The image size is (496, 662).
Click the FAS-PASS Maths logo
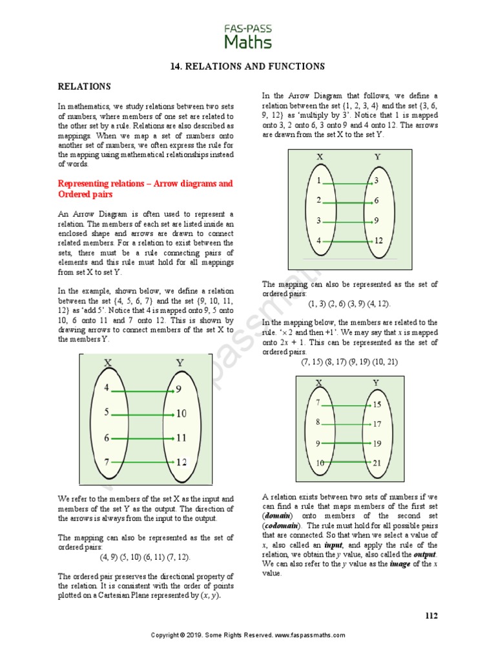pos(248,36)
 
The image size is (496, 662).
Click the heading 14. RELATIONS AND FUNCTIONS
pos(247,66)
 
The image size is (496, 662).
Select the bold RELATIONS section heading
pos(85,86)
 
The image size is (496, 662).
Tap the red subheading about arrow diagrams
pos(145,189)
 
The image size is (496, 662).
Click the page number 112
pos(431,615)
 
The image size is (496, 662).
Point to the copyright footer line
pos(248,635)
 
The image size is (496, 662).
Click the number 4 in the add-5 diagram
pos(107,389)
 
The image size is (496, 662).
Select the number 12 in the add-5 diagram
pos(181,462)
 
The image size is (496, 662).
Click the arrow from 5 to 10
pos(142,413)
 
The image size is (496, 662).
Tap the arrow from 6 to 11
pos(142,438)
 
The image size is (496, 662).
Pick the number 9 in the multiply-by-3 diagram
pos(376,220)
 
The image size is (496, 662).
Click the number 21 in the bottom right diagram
pos(377,463)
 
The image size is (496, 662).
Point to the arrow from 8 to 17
pos(347,424)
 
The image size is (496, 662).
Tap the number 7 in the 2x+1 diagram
pos(318,403)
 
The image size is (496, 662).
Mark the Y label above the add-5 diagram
pos(180,363)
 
